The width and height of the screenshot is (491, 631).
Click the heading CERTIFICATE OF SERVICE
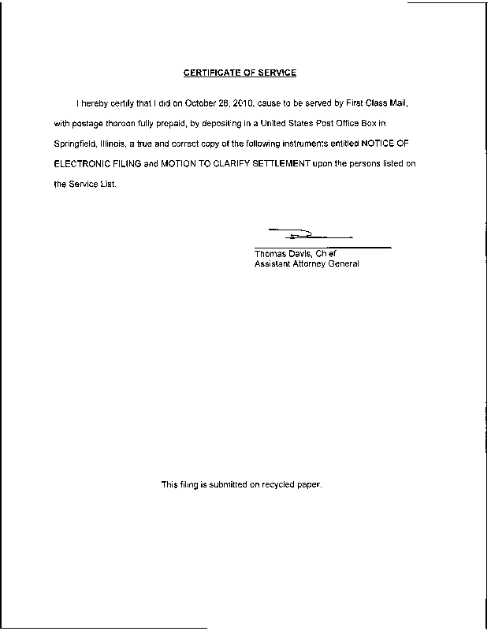point(240,73)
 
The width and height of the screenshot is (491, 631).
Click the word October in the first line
point(201,103)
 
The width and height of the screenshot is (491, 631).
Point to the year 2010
point(238,103)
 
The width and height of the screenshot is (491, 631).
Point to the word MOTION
point(180,165)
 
